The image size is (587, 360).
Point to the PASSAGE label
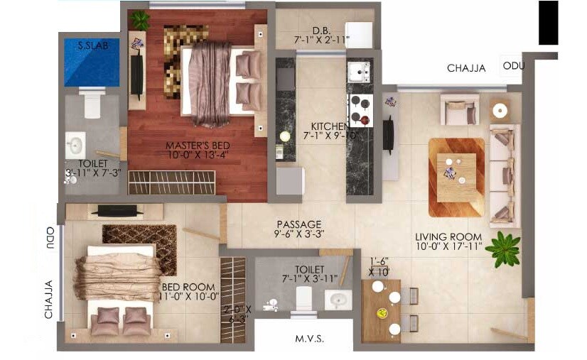click(298, 224)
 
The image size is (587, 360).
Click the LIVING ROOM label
click(448, 236)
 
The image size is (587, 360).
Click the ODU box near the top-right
click(513, 66)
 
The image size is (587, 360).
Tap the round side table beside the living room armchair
click(500, 110)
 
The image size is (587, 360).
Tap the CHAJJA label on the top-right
click(466, 68)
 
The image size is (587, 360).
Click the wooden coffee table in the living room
click(456, 178)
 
